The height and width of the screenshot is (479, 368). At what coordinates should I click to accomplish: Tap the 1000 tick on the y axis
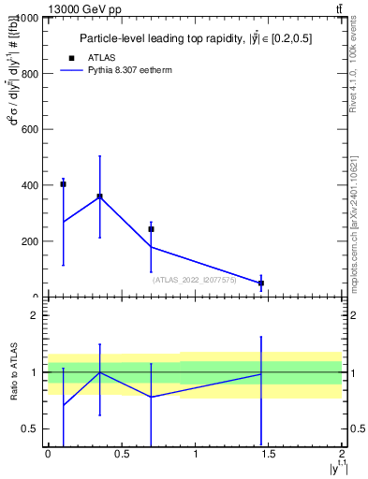pyautogui.click(x=25, y=18)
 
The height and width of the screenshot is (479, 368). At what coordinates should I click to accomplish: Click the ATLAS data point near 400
pyautogui.click(x=63, y=184)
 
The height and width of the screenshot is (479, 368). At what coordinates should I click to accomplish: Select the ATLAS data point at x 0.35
pyautogui.click(x=99, y=196)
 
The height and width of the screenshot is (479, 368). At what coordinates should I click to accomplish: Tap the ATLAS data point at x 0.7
pyautogui.click(x=151, y=229)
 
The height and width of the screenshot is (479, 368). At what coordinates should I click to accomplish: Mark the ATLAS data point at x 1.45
pyautogui.click(x=261, y=283)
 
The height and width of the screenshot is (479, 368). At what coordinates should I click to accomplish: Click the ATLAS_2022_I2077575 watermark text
pyautogui.click(x=194, y=279)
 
